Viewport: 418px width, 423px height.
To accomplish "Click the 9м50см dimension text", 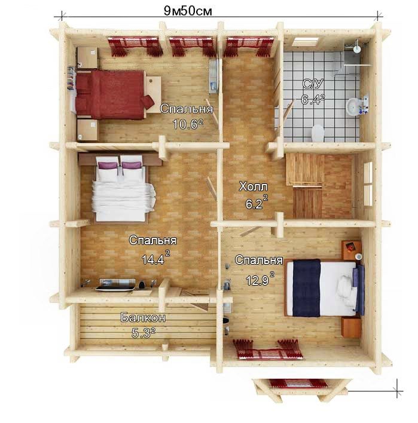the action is pos(188,11).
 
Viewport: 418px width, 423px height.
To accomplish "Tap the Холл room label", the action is pos(254,186).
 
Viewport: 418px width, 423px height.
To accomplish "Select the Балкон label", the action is pos(143,317).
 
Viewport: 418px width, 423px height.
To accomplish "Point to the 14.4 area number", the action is pos(153,260).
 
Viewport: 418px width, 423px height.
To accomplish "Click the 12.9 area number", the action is pos(257,281).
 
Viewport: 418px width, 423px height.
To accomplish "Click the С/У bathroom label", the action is pos(313,84).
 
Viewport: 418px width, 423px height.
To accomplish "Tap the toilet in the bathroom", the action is pos(318,133).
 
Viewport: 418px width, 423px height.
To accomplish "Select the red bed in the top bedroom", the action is pos(114,94).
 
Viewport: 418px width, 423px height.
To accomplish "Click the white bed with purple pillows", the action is pos(123,188).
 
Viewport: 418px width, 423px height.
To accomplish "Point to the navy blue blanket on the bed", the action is pos(307,287).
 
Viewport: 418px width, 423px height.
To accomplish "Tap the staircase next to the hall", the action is pos(306,186).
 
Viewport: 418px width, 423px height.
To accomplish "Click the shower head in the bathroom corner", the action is pos(357,46).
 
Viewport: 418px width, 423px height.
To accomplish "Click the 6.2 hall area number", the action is pos(254,204).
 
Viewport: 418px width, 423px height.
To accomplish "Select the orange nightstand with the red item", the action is pos(351,250).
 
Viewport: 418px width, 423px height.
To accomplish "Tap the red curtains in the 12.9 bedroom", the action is pos(268,350).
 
